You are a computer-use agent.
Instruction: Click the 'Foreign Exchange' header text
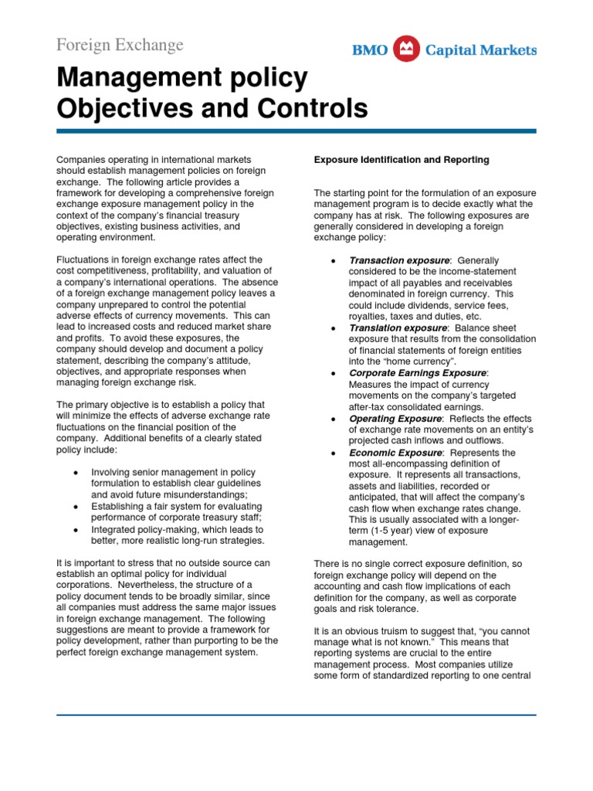pos(120,45)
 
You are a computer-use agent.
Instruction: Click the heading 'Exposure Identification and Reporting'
pos(401,160)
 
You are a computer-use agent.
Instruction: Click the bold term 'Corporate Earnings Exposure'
pos(418,373)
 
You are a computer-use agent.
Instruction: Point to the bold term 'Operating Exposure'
pos(394,419)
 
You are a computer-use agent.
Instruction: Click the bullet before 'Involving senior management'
pos(75,473)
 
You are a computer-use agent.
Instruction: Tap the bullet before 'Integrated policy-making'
pos(75,530)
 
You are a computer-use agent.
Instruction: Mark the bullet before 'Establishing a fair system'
pos(75,507)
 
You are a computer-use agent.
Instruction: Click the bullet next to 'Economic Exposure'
pos(332,453)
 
